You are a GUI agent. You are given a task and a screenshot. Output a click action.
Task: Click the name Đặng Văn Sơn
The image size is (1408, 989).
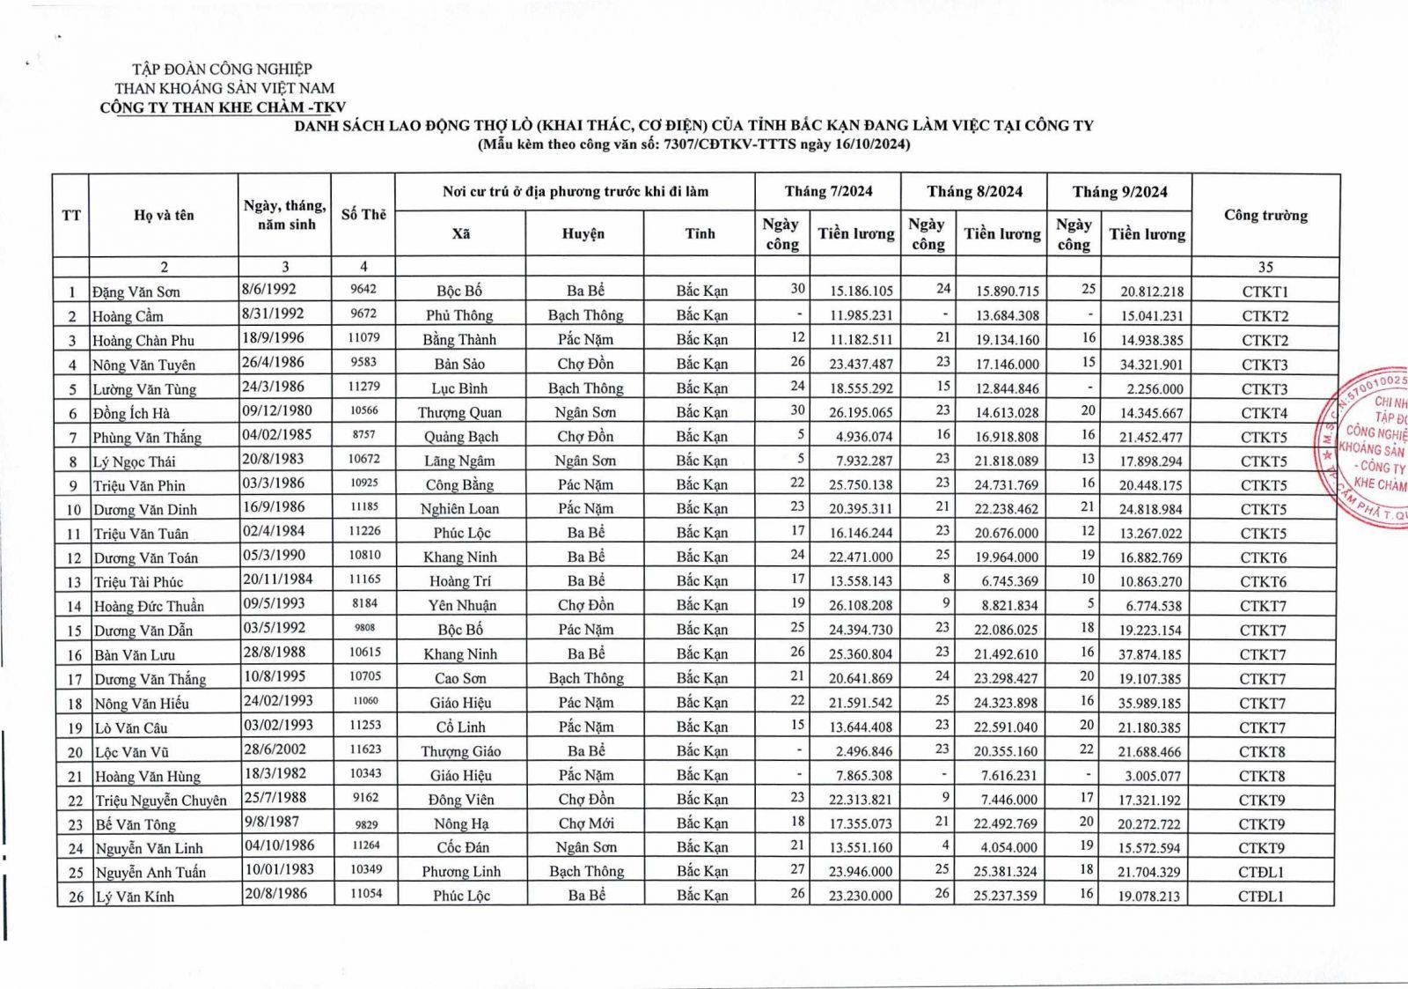[x=136, y=292]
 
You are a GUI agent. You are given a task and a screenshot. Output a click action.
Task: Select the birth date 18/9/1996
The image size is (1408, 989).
[x=273, y=338]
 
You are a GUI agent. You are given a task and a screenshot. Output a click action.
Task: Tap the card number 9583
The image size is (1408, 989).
[x=363, y=362]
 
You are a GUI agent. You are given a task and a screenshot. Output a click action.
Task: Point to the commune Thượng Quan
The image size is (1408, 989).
[x=459, y=412]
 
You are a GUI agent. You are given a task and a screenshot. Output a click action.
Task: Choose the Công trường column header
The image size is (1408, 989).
[x=1265, y=216]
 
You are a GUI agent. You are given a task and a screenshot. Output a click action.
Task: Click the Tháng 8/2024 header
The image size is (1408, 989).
[x=974, y=192]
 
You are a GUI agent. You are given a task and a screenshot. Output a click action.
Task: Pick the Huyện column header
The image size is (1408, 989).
[x=583, y=234]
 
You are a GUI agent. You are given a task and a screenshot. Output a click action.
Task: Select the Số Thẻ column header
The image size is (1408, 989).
[x=363, y=215]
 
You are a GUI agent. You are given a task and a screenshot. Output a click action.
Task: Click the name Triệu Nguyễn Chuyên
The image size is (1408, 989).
[x=161, y=801]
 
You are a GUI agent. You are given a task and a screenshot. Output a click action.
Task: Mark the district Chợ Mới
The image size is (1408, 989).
[x=585, y=823]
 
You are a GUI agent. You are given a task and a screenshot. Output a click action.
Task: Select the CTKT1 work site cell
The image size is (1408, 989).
[x=1265, y=292]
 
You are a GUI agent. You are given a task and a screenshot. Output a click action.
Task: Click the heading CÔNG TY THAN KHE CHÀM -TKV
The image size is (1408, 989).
[x=223, y=107]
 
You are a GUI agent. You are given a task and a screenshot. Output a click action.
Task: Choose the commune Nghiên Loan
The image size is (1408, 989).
[x=459, y=509]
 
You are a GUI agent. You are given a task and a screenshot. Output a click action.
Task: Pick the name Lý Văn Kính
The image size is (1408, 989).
[x=135, y=897]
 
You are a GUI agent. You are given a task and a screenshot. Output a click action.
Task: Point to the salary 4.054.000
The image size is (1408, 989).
[x=1008, y=847]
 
